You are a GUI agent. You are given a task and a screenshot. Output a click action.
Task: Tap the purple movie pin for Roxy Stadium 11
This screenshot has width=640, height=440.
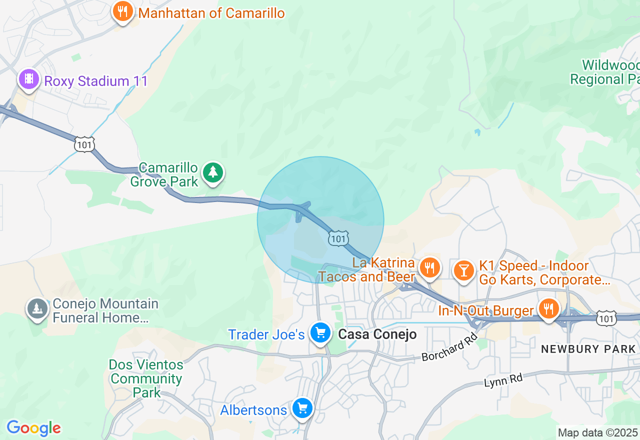click(29, 79)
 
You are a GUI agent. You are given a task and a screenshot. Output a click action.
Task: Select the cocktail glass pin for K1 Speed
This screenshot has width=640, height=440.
click(464, 270)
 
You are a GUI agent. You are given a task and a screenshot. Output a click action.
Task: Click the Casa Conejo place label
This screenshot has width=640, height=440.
click(377, 334)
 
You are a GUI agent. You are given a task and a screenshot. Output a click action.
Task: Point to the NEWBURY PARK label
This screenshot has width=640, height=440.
click(588, 349)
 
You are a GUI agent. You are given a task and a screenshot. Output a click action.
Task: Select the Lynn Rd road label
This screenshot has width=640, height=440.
click(503, 381)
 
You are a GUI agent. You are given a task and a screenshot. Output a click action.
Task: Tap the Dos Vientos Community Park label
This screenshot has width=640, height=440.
click(146, 378)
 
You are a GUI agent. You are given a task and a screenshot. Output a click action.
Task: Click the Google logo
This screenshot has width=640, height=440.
click(33, 428)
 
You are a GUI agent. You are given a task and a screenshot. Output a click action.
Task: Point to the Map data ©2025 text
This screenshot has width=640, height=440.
click(597, 432)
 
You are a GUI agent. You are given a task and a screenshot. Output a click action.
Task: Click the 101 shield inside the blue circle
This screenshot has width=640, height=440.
click(338, 239)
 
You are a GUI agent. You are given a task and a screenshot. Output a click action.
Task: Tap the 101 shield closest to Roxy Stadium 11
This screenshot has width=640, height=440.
click(84, 144)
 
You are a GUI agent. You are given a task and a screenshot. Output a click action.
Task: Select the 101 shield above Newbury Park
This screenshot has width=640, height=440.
click(606, 318)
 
